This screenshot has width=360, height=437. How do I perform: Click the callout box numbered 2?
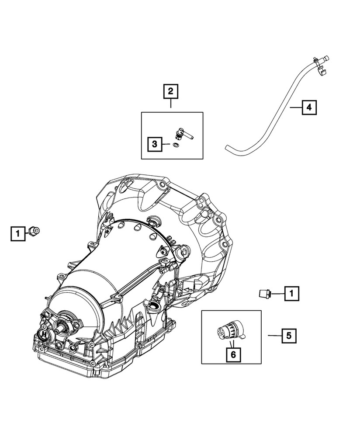(x=171, y=92)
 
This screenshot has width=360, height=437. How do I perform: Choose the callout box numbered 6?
(x=233, y=355)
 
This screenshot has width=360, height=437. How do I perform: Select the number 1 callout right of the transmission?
(x=291, y=294)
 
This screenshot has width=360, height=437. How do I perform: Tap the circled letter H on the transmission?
(x=44, y=334)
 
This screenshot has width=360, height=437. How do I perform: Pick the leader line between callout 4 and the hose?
(x=295, y=107)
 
